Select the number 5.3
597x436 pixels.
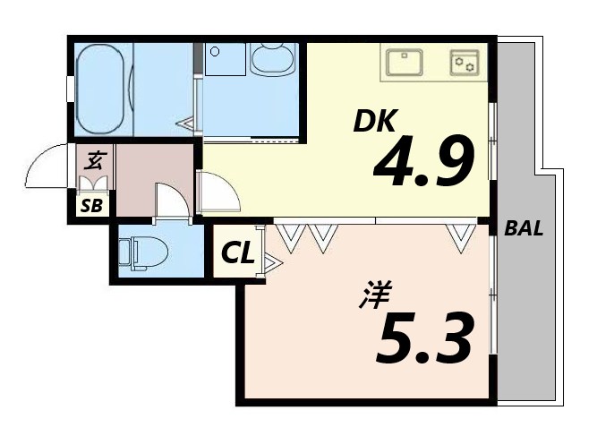424,338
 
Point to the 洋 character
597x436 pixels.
371,296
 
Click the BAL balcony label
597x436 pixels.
524,228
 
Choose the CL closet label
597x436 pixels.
238,253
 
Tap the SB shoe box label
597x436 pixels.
92,207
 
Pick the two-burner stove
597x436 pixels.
464,63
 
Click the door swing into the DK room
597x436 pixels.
217,192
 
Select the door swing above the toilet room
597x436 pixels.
171,201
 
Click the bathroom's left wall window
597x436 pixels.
70,90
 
